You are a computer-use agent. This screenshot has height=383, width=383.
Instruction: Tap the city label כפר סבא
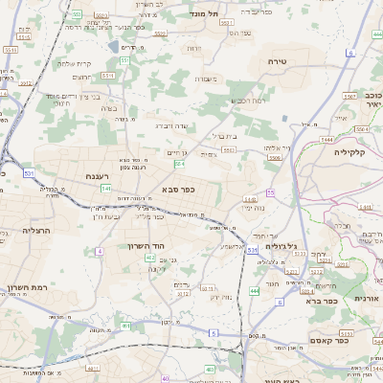tap(178, 190)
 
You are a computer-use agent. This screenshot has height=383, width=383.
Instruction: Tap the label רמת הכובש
tap(247, 101)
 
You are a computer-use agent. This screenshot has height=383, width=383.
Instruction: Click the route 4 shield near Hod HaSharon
tap(100, 251)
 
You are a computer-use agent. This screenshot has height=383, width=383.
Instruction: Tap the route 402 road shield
tap(151, 282)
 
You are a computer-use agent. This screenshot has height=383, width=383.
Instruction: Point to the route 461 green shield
tap(125, 326)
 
